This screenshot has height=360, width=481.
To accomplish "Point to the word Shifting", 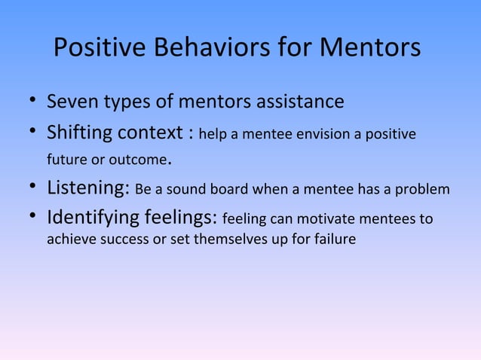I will [79, 134].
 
